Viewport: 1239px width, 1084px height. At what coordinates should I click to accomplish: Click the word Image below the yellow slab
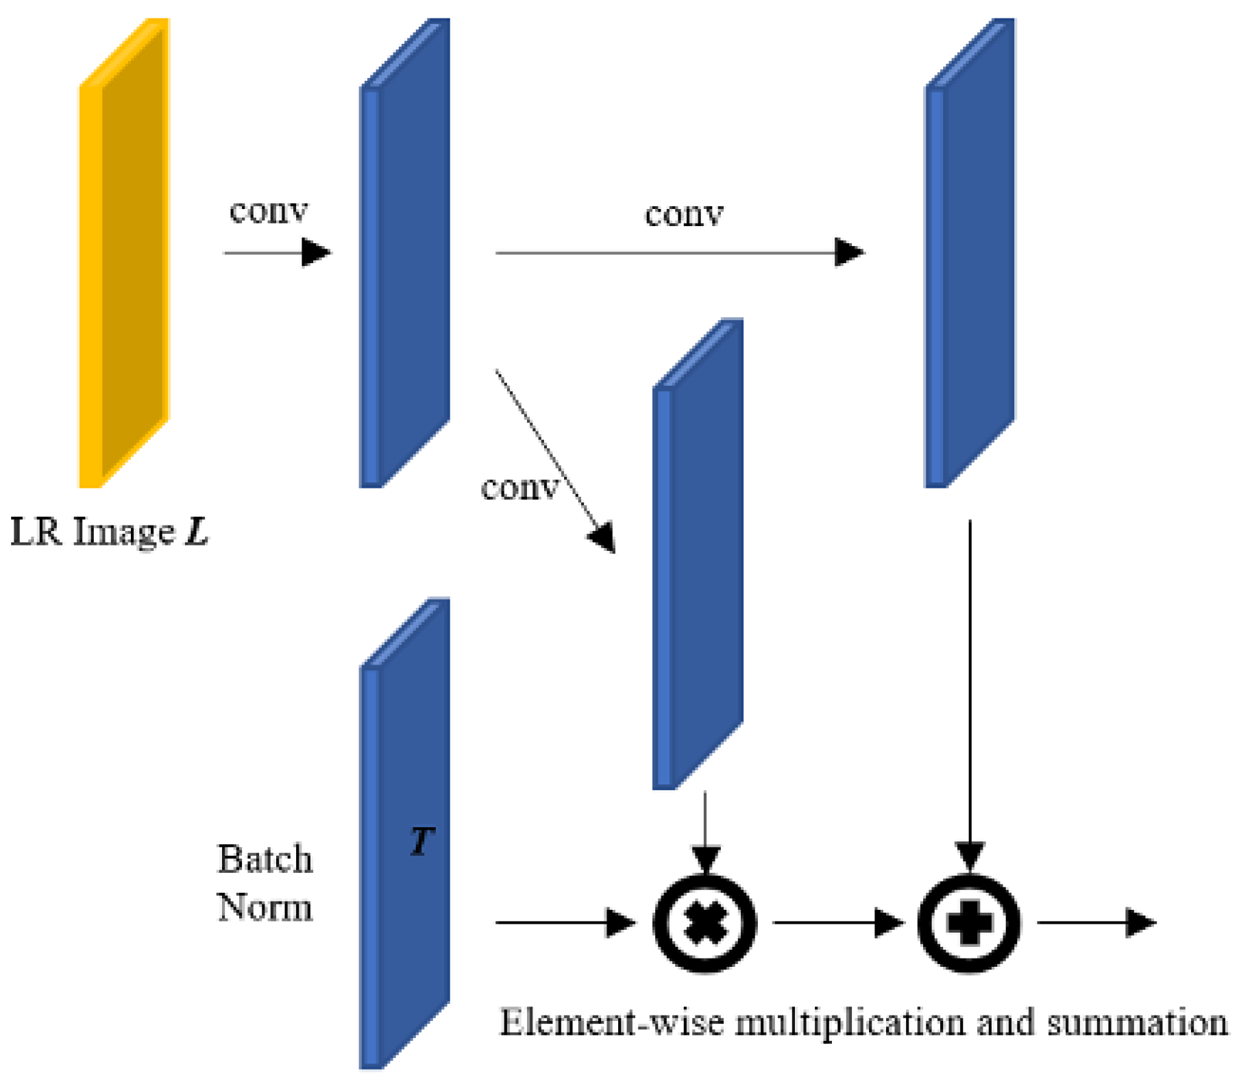pyautogui.click(x=124, y=533)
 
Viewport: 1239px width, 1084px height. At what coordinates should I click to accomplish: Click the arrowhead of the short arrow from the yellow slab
pyautogui.click(x=316, y=253)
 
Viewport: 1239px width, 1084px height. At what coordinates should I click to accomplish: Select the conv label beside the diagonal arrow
pyautogui.click(x=519, y=488)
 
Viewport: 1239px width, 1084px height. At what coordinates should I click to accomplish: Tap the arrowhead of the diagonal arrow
pyautogui.click(x=604, y=538)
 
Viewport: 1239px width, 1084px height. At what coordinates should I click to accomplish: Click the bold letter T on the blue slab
pyautogui.click(x=421, y=841)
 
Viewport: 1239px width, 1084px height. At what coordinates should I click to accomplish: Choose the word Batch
pyautogui.click(x=265, y=859)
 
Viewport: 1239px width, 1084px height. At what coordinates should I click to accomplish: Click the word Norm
pyautogui.click(x=265, y=907)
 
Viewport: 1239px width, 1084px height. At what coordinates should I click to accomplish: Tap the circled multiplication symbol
pyautogui.click(x=705, y=923)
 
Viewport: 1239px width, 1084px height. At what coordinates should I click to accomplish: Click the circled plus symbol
pyautogui.click(x=969, y=923)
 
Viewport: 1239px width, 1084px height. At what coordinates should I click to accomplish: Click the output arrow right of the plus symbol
pyautogui.click(x=1096, y=923)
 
